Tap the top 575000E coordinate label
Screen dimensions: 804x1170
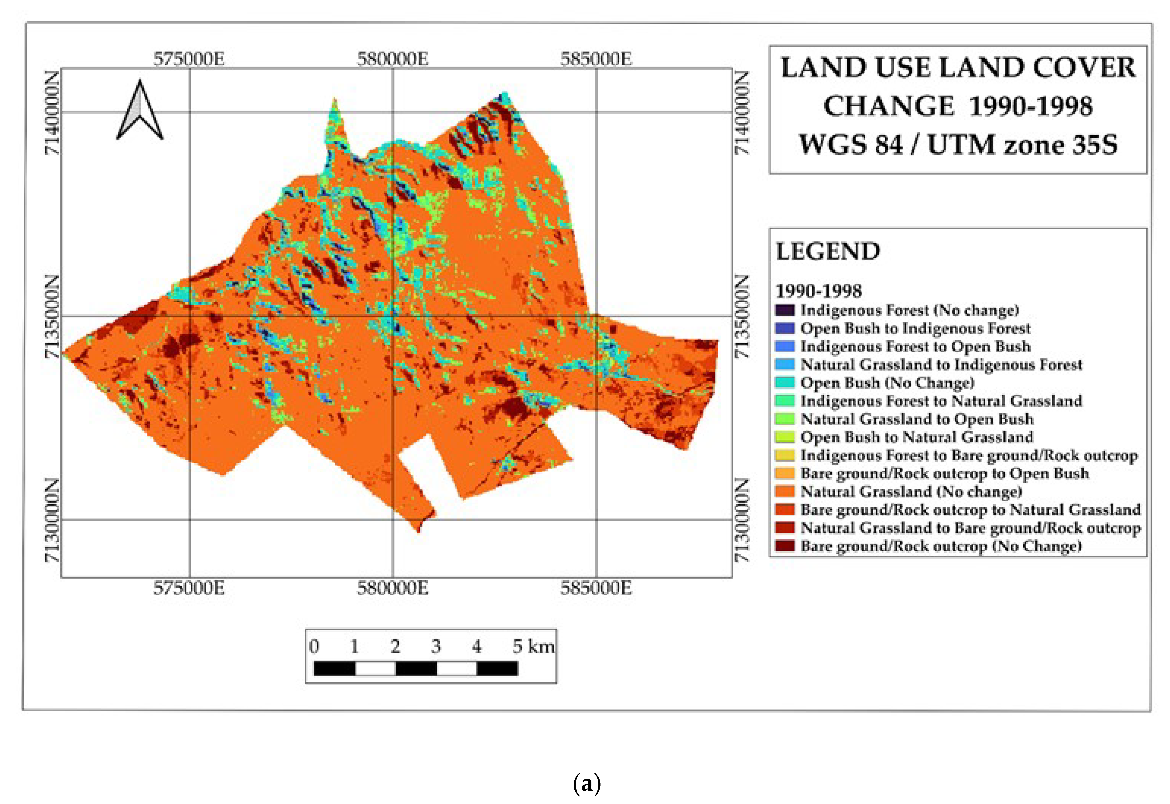click(189, 60)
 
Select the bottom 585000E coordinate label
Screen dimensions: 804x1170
click(596, 588)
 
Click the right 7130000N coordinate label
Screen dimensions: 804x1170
click(742, 520)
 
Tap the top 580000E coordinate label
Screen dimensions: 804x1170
click(393, 60)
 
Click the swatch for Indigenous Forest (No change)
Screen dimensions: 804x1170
click(785, 310)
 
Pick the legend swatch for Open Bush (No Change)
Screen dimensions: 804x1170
click(785, 382)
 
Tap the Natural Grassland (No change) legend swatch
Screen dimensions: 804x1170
click(785, 491)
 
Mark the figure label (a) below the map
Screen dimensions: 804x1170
click(587, 784)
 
